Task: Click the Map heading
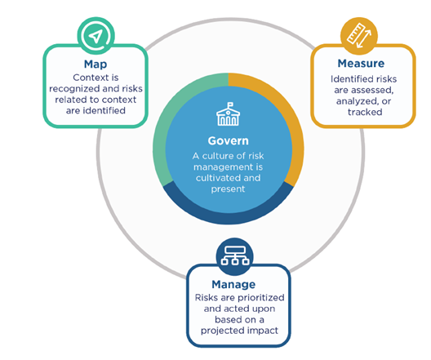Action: tap(96, 64)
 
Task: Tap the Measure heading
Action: tap(361, 64)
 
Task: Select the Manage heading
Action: tap(233, 284)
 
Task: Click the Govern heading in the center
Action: tap(228, 140)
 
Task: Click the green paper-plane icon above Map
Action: tap(96, 36)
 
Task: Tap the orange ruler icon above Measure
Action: tap(359, 36)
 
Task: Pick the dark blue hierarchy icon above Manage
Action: tap(235, 256)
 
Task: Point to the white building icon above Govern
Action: tap(228, 114)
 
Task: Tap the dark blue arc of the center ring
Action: tap(228, 218)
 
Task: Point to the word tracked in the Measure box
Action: tap(365, 112)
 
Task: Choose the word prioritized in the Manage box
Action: tap(261, 298)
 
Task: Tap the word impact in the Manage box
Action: tap(263, 331)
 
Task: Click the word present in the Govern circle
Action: tap(228, 189)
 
